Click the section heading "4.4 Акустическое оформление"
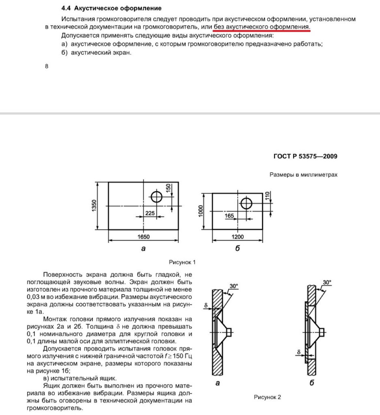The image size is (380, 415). [111, 8]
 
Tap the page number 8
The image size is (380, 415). [47, 66]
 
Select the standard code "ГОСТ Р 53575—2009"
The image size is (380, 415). [305, 156]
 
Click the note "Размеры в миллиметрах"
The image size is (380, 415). [303, 175]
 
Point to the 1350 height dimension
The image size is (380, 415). [94, 205]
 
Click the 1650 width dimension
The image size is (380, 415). [144, 237]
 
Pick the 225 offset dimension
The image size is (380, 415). [150, 213]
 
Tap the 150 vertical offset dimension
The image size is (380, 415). [168, 188]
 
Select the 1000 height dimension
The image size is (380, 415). [200, 211]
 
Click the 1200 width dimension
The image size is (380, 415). [238, 237]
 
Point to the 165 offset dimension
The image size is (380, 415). [229, 216]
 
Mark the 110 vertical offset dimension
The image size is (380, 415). [267, 195]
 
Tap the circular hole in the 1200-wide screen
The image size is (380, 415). [246, 203]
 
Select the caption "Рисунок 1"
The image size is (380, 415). [182, 262]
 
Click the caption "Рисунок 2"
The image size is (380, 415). [267, 397]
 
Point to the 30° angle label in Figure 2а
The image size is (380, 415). [234, 286]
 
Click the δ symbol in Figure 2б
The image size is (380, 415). [299, 352]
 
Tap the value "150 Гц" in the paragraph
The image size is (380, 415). [182, 356]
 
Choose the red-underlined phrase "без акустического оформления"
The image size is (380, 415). [261, 27]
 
